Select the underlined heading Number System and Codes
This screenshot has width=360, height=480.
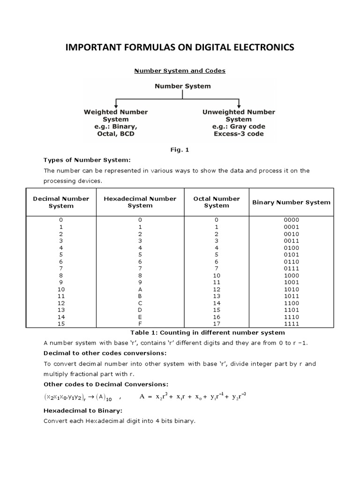(180, 71)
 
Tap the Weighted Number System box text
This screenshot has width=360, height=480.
(116, 123)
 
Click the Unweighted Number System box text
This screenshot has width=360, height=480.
(239, 123)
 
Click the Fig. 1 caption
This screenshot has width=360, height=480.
(180, 150)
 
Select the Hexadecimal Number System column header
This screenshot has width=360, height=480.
(140, 202)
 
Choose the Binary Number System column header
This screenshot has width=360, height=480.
(291, 202)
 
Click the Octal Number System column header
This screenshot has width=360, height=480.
(217, 202)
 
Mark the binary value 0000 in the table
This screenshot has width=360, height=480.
(291, 220)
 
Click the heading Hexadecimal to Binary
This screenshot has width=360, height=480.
(82, 410)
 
